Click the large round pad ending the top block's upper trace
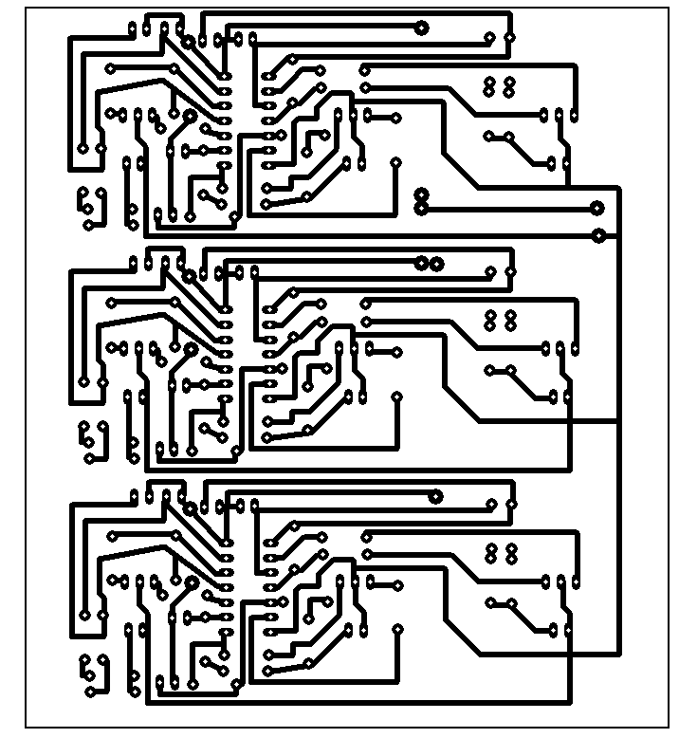click(422, 28)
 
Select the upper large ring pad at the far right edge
click(597, 208)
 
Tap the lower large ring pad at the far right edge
click(598, 234)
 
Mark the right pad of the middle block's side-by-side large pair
click(436, 262)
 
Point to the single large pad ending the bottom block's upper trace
click(436, 496)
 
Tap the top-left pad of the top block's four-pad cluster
click(490, 82)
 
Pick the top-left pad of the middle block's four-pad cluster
click(490, 313)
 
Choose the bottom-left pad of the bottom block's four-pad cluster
click(490, 559)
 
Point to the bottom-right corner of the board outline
click(669, 728)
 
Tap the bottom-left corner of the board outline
click(26, 728)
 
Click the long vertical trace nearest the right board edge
click(619, 417)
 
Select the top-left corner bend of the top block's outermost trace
click(72, 37)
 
